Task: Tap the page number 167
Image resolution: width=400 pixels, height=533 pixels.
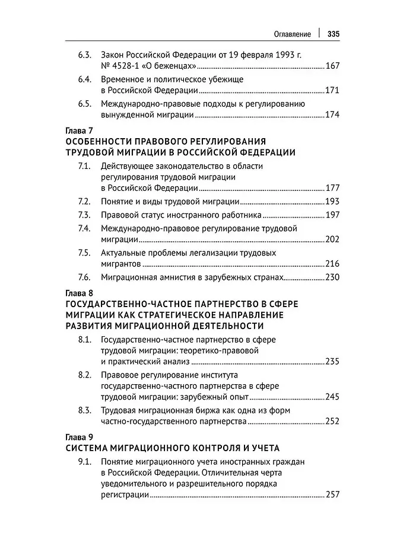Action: pos(332,66)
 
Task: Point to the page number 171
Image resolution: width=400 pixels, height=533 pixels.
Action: pos(332,91)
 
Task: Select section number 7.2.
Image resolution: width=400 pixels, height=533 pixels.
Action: pos(84,202)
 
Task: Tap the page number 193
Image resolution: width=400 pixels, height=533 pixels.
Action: pos(332,202)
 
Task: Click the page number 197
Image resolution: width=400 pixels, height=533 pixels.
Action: pos(332,215)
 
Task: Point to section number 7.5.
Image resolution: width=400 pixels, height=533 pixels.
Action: pos(84,253)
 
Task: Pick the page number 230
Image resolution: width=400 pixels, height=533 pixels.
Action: pos(332,277)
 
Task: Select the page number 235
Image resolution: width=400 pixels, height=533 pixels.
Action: pos(332,361)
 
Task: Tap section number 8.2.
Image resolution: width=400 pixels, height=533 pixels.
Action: pos(84,375)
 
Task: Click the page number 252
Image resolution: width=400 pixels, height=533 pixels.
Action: pos(332,422)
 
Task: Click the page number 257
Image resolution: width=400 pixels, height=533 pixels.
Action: pos(332,494)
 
